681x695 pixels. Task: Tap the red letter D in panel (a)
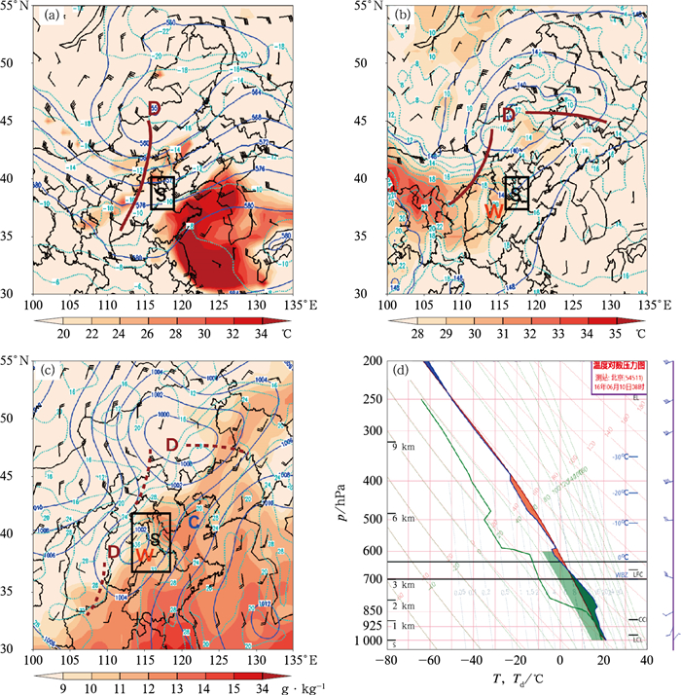point(153,106)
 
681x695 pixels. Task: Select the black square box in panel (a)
point(161,193)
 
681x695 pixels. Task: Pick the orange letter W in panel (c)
point(143,554)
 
